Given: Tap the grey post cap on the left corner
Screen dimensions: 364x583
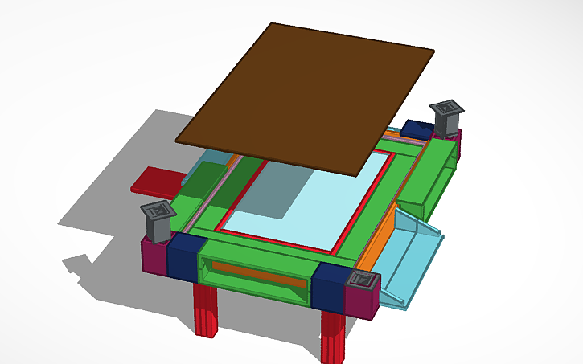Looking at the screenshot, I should pyautogui.click(x=158, y=220).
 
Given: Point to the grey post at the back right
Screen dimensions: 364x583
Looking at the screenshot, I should pyautogui.click(x=446, y=117).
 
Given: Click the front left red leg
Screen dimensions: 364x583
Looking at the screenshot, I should pyautogui.click(x=206, y=309).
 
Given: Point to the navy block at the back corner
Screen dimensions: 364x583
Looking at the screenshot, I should pyautogui.click(x=418, y=129).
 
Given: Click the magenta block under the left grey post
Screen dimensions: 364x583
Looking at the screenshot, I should pyautogui.click(x=154, y=256).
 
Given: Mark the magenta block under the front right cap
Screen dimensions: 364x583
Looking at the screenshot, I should pyautogui.click(x=362, y=301).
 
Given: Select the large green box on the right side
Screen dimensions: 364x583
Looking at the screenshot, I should pyautogui.click(x=430, y=177).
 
